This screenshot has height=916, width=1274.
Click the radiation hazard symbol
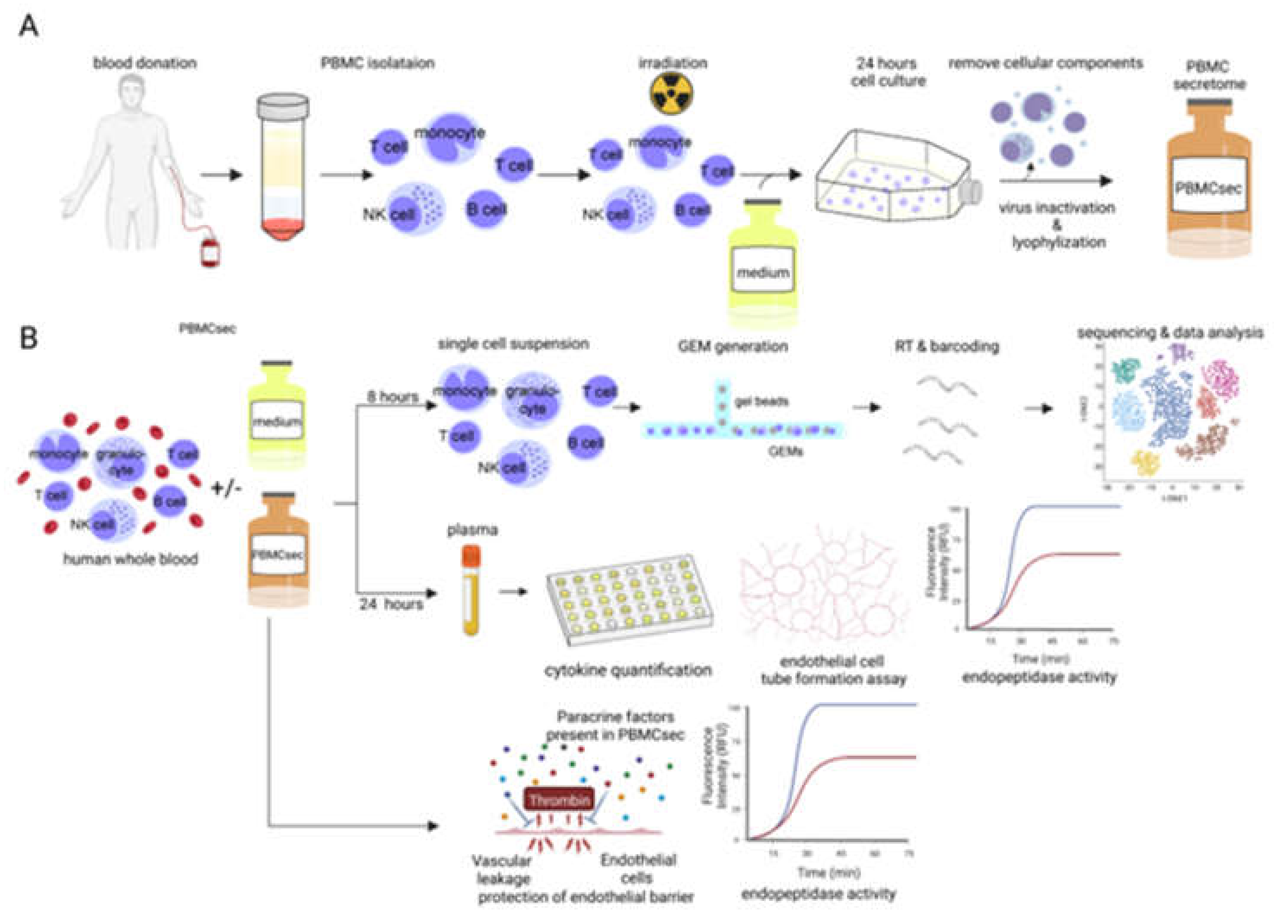click(x=671, y=93)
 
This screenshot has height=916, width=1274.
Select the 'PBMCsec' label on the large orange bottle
click(x=1208, y=187)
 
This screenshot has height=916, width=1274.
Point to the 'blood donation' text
click(x=145, y=63)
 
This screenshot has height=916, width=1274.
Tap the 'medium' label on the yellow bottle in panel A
click(x=762, y=274)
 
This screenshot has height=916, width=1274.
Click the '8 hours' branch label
click(x=393, y=397)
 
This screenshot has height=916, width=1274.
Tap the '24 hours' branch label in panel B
click(x=391, y=604)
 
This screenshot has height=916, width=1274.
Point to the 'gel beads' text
click(x=761, y=401)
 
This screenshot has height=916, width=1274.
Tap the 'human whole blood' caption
click(x=131, y=560)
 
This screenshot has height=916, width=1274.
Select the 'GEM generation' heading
click(x=733, y=347)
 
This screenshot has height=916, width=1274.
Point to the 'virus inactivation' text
click(x=1057, y=208)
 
